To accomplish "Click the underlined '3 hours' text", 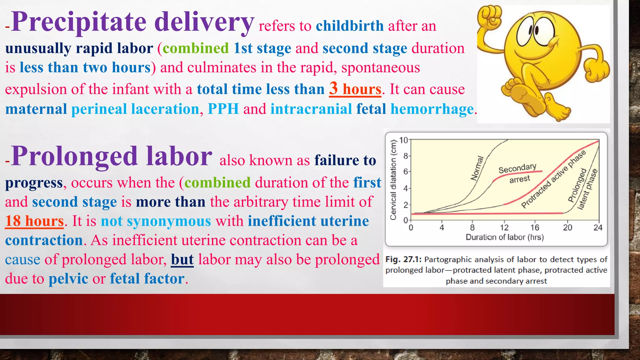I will point(355,89).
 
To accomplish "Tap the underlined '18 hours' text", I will point(34,221).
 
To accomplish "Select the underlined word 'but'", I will point(182,259).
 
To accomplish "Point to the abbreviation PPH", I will point(223,109).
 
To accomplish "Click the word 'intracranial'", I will point(311,109).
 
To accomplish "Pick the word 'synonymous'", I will point(169,221).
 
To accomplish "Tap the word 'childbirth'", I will point(350,26).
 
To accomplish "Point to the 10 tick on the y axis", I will point(404,140).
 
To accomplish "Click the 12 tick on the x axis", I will point(504,227).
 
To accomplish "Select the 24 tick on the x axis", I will point(598,227).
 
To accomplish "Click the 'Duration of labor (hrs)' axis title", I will point(505,237).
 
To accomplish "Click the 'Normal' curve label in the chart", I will point(477,168).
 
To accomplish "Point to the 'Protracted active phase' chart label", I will point(553,179).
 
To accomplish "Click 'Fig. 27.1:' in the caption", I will point(403,259).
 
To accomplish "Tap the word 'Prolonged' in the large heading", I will point(74,156).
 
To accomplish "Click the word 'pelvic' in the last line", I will point(68,278).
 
